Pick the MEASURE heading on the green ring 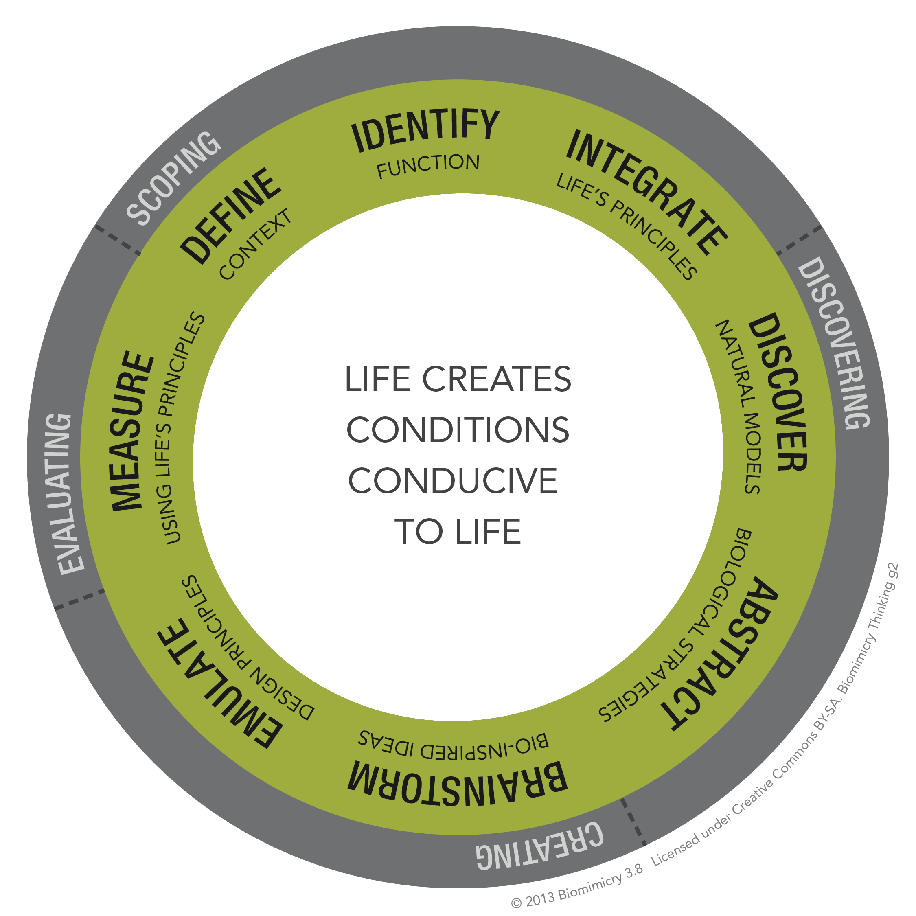click(x=133, y=431)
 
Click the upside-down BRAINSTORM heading click(x=458, y=784)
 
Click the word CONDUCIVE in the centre click(x=453, y=481)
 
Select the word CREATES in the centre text click(x=496, y=379)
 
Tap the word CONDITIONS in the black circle click(x=458, y=430)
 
